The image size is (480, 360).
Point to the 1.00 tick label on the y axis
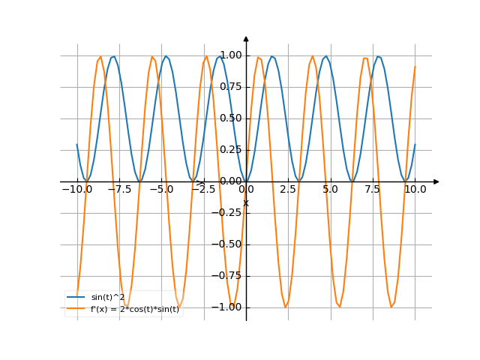click(231, 55)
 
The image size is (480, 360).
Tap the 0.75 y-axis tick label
click(231, 86)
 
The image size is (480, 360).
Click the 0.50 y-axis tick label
click(231, 118)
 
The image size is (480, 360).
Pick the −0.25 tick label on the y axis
click(229, 212)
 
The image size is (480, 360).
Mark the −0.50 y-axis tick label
click(229, 244)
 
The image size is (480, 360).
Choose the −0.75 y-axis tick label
click(229, 275)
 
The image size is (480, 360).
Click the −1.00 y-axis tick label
click(229, 307)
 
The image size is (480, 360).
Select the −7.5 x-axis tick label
click(118, 190)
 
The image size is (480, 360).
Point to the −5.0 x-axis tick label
click(160, 190)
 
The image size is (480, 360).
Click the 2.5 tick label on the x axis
click(288, 190)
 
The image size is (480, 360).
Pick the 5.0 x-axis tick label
click(330, 190)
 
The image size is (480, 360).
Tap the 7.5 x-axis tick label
click(373, 190)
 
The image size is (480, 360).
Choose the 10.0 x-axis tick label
click(415, 190)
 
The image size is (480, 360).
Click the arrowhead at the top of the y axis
click(246, 38)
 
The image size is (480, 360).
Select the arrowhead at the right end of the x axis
click(436, 181)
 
